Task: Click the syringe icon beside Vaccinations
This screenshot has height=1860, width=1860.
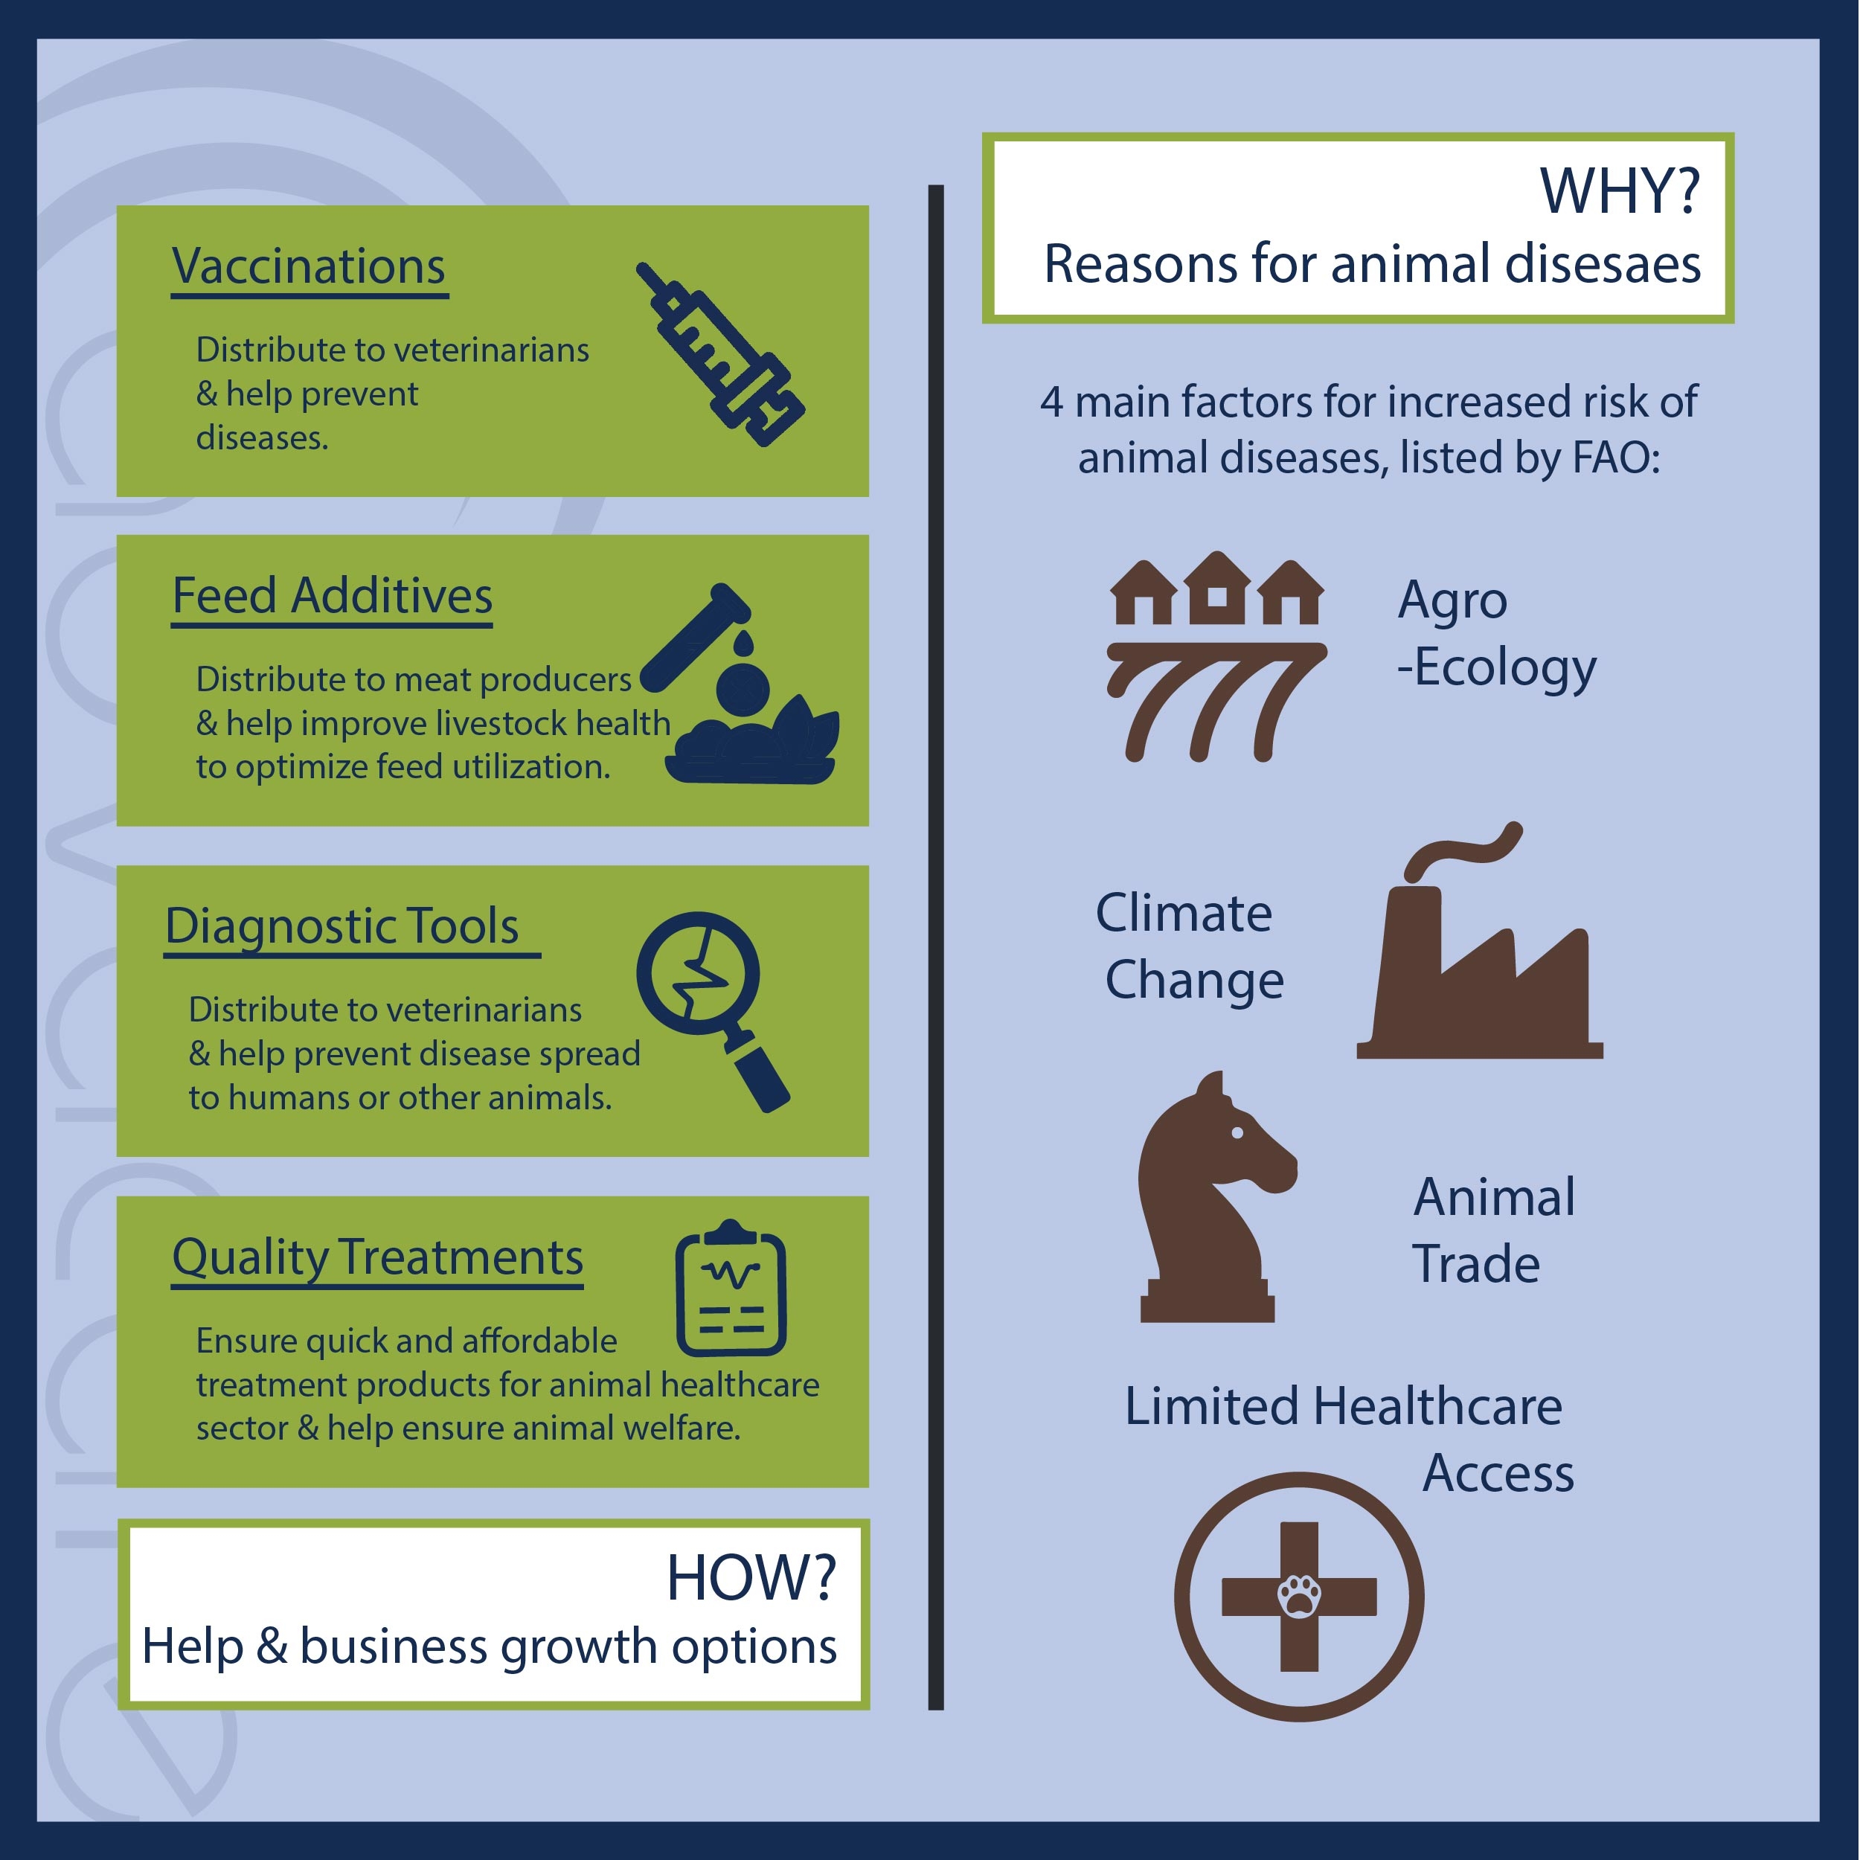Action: [720, 353]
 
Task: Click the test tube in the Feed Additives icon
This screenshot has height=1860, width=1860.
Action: [694, 638]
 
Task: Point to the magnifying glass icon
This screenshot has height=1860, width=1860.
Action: [713, 1012]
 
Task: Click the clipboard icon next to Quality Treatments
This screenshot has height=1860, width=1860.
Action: [731, 1288]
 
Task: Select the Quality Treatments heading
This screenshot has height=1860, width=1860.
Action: [377, 1257]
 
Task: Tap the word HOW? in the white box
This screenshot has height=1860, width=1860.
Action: [751, 1580]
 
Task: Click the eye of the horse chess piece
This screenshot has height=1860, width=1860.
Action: [1238, 1133]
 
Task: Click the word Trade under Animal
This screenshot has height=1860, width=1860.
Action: [1476, 1264]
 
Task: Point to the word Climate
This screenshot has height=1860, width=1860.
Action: [1183, 913]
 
